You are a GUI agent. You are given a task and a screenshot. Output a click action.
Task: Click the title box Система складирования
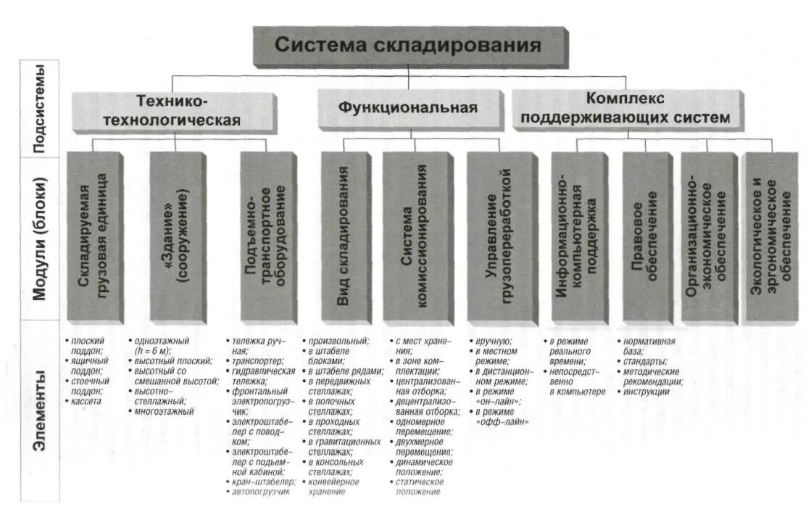pyautogui.click(x=407, y=46)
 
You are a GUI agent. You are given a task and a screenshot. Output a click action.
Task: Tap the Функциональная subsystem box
pyautogui.click(x=407, y=108)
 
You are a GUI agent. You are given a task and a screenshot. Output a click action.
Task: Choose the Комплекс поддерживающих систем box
pyautogui.click(x=627, y=108)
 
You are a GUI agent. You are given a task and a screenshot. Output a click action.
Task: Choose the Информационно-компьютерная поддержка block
pyautogui.click(x=578, y=235)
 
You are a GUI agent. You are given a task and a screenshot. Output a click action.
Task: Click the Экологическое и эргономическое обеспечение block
pyautogui.click(x=770, y=235)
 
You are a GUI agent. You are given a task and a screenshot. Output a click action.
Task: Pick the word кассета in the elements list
pyautogui.click(x=87, y=401)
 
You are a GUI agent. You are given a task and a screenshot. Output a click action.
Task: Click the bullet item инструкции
pyautogui.click(x=645, y=392)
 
